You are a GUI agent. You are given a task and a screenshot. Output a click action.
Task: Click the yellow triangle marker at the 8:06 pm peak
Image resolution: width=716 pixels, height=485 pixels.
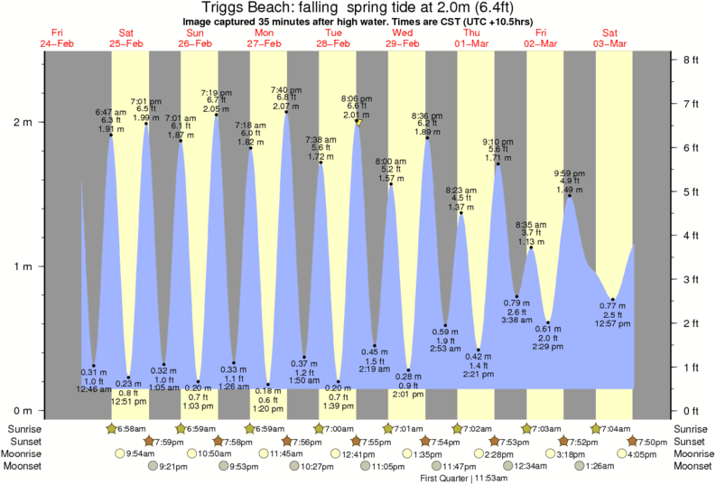[358, 122]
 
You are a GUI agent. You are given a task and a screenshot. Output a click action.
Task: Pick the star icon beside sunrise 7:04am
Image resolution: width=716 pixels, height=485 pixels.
[596, 428]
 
